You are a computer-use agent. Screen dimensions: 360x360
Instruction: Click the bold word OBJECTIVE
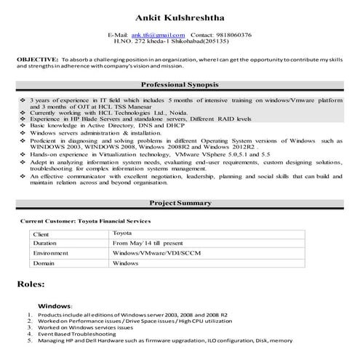tap(37, 57)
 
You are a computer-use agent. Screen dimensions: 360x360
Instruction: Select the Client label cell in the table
tap(43, 233)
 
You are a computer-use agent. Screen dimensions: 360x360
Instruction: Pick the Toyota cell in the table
tap(124, 233)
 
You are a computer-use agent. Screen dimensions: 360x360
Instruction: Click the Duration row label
tap(47, 243)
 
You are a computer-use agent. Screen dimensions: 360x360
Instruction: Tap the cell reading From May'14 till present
tap(150, 242)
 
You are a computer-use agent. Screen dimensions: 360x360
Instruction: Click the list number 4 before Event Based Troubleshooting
tap(30, 334)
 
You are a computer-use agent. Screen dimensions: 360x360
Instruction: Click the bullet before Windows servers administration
tap(23, 133)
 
